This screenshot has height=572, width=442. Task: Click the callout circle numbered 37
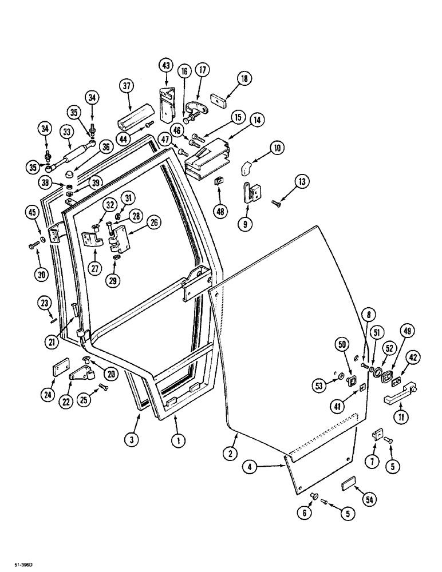(x=127, y=86)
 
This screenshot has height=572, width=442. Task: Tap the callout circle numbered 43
(x=167, y=66)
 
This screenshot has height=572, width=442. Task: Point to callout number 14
(x=257, y=121)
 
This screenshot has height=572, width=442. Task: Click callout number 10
(x=277, y=149)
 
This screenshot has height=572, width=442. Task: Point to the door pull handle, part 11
(x=399, y=395)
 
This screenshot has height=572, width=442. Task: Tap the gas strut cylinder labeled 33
(x=78, y=155)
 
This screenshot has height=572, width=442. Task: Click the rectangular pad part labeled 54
(x=348, y=485)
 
